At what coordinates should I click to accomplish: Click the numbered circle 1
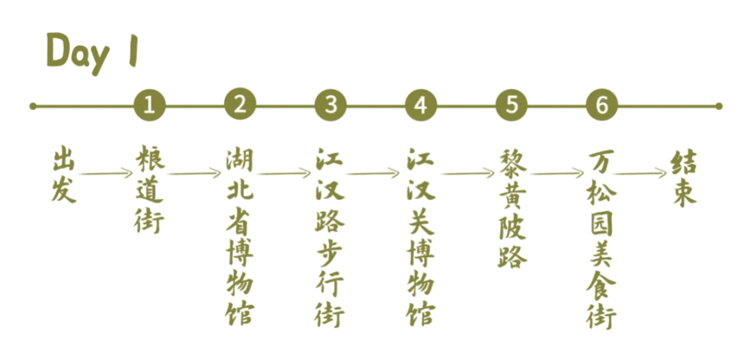coord(149,106)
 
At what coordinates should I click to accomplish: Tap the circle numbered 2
coord(240,106)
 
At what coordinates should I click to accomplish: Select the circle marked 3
coord(330,106)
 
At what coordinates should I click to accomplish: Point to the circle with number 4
coord(420,106)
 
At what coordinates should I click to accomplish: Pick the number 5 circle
coord(512,106)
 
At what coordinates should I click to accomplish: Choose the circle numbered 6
coord(601,106)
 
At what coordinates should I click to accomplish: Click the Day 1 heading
coord(91,52)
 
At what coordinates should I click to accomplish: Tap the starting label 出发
coord(62,174)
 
